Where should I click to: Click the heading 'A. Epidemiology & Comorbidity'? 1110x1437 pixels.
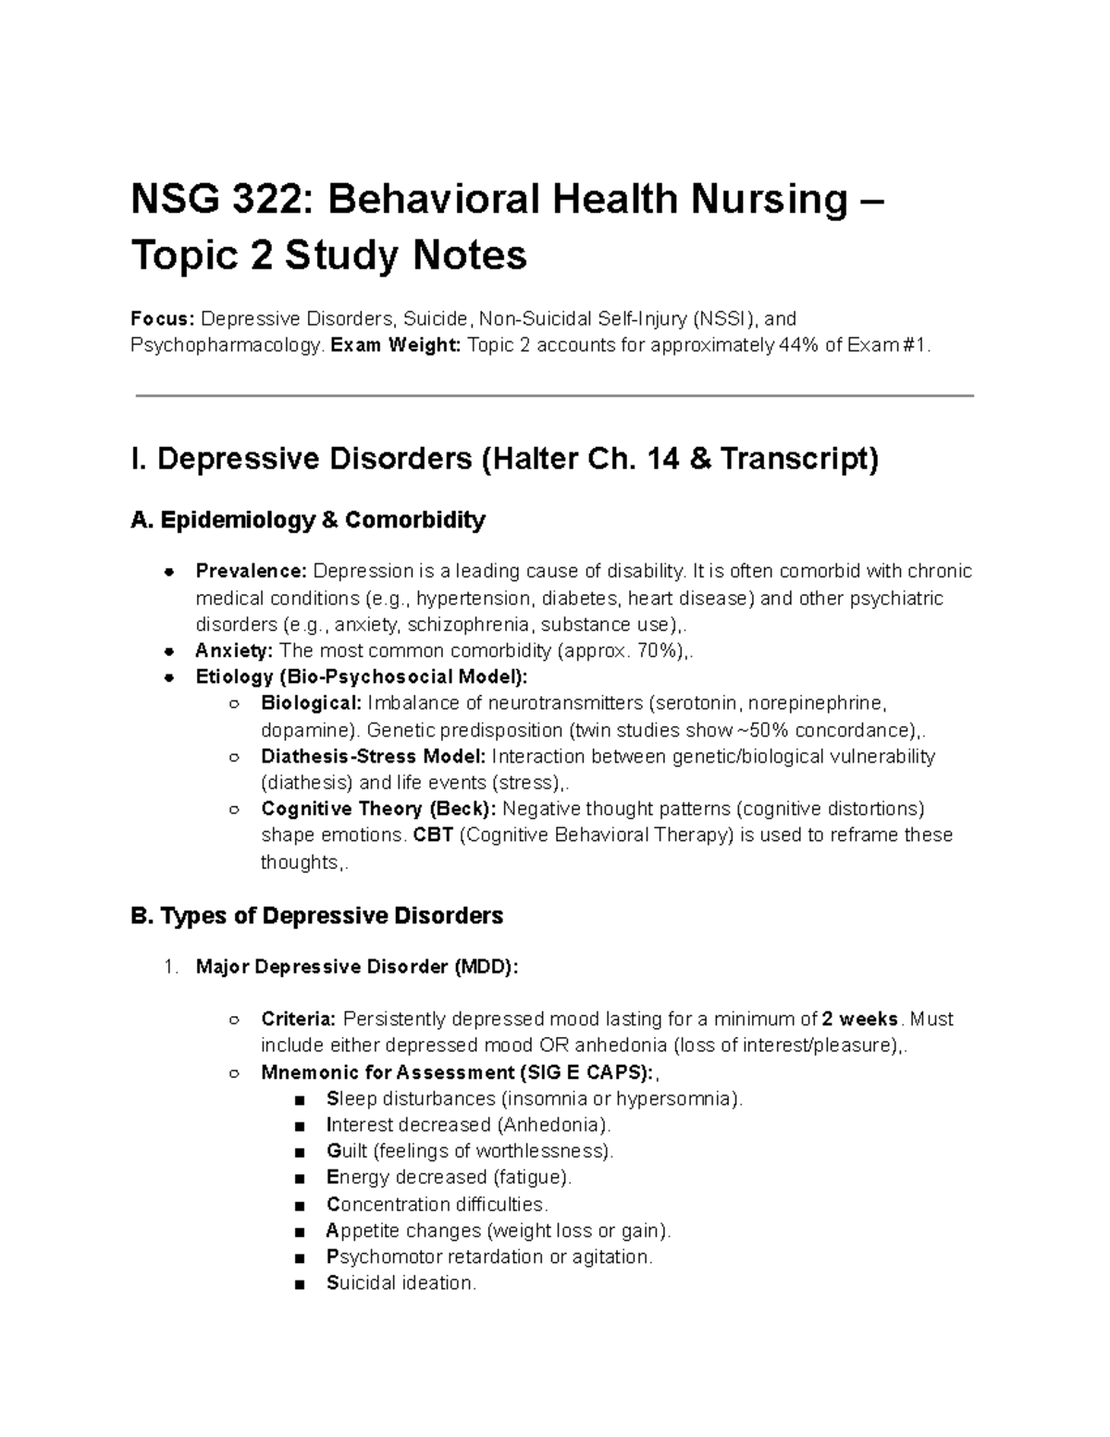(x=308, y=521)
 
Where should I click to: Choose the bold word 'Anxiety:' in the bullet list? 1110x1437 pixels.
(x=234, y=650)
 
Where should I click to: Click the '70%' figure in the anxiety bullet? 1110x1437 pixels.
(x=654, y=650)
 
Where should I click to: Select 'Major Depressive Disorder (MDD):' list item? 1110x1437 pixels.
(x=357, y=967)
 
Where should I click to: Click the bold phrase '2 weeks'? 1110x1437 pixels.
(x=860, y=1019)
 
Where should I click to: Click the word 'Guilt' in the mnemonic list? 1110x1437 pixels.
(x=347, y=1151)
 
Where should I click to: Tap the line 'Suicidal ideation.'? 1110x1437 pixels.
(x=401, y=1283)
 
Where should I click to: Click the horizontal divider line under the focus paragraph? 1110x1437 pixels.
(x=555, y=396)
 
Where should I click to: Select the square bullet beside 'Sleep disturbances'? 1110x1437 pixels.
(x=298, y=1099)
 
